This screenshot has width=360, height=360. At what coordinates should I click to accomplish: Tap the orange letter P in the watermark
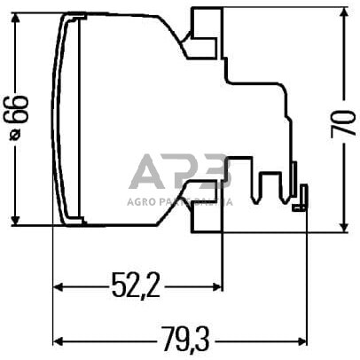183,172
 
